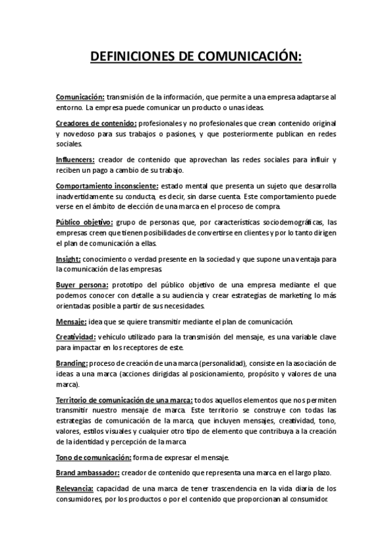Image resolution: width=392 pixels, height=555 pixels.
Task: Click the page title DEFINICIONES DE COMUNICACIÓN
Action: pos(196,58)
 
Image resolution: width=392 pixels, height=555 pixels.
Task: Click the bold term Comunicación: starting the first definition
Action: pos(80,97)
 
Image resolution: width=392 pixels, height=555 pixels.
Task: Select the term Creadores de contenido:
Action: pos(96,123)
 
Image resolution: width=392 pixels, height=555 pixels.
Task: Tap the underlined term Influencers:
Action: pos(75,160)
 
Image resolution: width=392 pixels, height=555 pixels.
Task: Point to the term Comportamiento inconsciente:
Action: pos(107,185)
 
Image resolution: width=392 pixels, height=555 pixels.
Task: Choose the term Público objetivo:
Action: pos(84,222)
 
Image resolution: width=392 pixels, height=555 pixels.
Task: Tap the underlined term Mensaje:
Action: pos(71,321)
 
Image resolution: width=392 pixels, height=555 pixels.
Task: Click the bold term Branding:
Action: pos(71,363)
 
